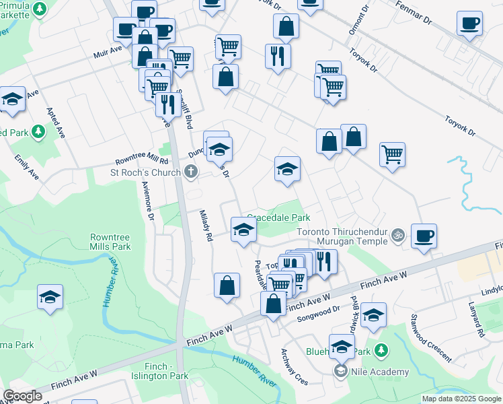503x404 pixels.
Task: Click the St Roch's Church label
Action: click(146, 173)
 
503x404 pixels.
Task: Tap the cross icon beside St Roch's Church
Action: click(191, 172)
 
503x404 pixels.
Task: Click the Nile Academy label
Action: click(384, 372)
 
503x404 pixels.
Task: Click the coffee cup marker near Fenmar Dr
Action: click(469, 24)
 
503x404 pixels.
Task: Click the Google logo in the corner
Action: click(22, 396)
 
